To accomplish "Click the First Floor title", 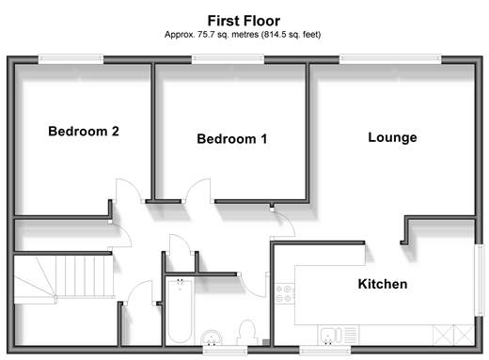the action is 244,21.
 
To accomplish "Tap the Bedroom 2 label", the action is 84,132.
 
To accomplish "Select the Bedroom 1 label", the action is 232,139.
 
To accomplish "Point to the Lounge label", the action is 392,137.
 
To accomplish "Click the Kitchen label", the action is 383,284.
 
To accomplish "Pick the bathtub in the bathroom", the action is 180,311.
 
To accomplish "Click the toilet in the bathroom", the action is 247,333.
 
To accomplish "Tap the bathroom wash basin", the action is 212,337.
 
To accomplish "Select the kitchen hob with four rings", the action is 285,294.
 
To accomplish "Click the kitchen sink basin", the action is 328,336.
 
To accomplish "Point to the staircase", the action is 64,279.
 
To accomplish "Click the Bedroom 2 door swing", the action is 129,190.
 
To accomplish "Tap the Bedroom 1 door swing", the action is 198,190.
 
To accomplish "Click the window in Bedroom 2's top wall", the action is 71,59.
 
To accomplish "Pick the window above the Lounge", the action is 390,59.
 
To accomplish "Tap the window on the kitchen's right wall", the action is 480,280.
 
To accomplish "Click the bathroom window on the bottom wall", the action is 225,351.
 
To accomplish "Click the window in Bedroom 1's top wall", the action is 228,59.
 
